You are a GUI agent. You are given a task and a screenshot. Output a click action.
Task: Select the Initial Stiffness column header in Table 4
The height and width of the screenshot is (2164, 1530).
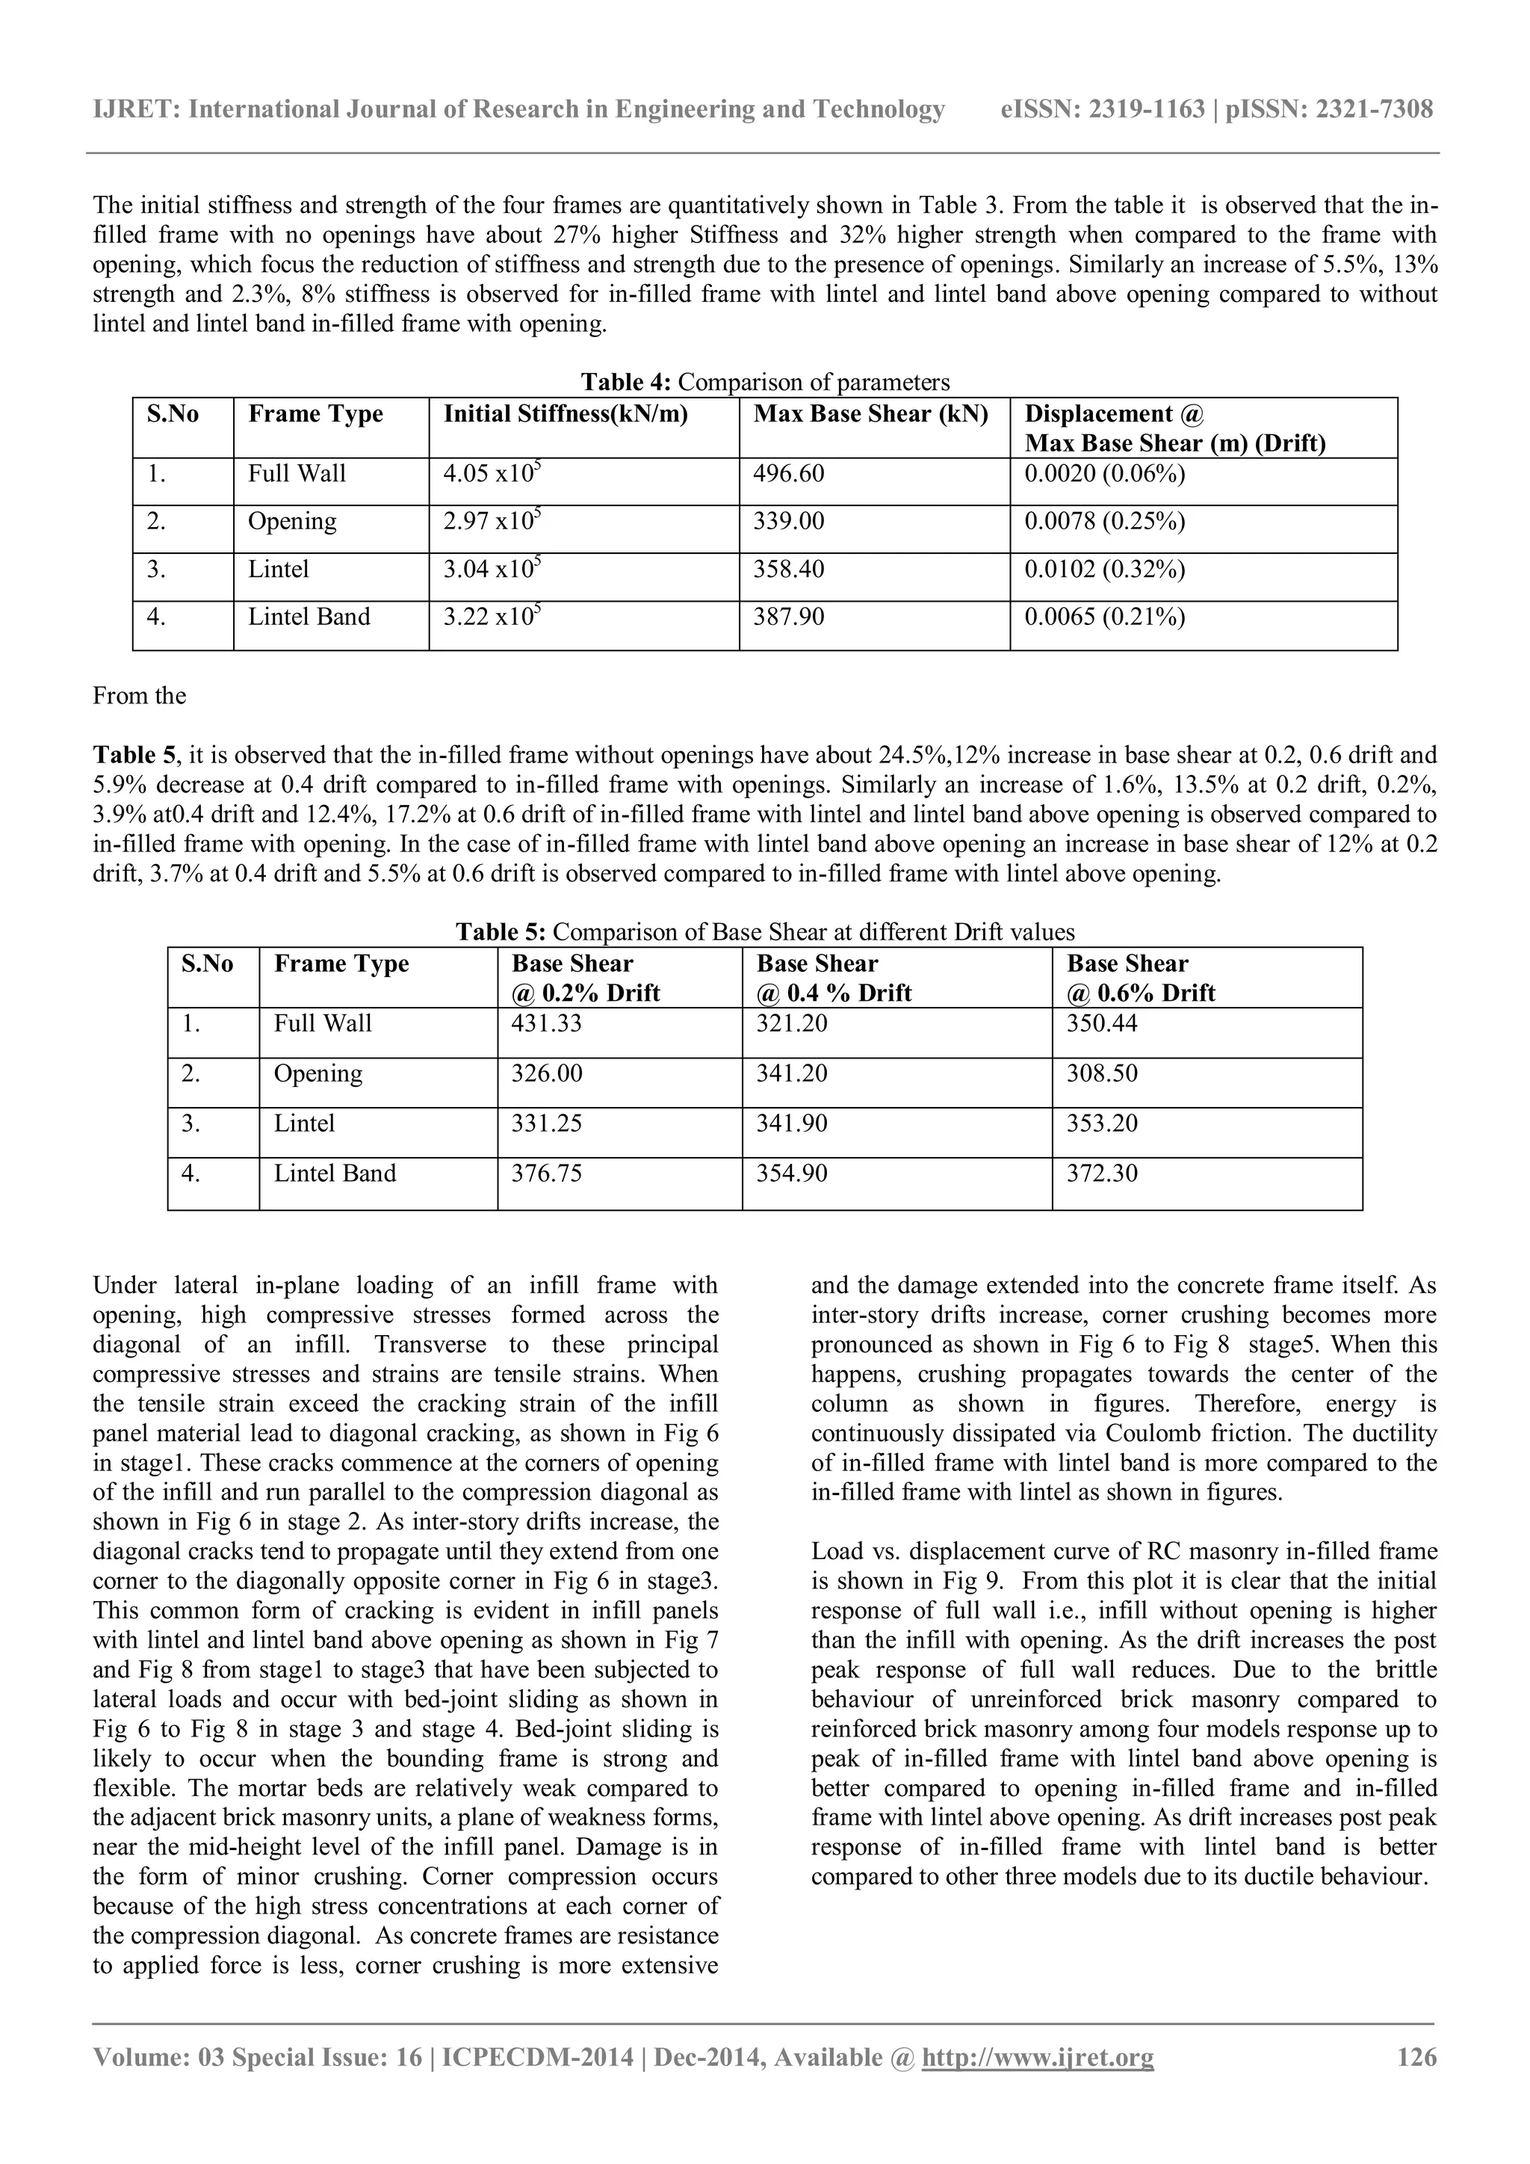tap(566, 415)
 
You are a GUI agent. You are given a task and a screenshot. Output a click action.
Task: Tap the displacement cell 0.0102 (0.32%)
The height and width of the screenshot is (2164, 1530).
tap(1104, 570)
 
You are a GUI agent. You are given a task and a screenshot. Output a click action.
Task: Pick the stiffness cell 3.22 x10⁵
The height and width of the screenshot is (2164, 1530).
tap(492, 617)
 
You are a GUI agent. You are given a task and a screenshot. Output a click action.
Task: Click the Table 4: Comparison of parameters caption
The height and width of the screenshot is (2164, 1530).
tap(765, 382)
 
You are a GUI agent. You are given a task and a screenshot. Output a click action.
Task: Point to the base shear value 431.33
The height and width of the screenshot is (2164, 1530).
tap(545, 1023)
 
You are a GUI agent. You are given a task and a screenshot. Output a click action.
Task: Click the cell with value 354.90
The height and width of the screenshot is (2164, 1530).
tap(791, 1174)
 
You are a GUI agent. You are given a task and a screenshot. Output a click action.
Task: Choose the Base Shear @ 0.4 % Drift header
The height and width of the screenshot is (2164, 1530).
tap(833, 978)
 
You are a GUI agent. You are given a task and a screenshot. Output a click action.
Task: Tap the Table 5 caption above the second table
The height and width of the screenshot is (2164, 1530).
tap(765, 932)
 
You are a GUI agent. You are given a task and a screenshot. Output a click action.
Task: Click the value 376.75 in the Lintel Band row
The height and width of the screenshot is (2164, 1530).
tap(545, 1174)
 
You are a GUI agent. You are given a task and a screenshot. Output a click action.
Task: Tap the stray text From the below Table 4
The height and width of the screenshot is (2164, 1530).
tap(140, 697)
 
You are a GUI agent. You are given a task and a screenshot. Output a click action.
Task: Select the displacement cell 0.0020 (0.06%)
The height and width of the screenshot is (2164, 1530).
tap(1104, 474)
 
